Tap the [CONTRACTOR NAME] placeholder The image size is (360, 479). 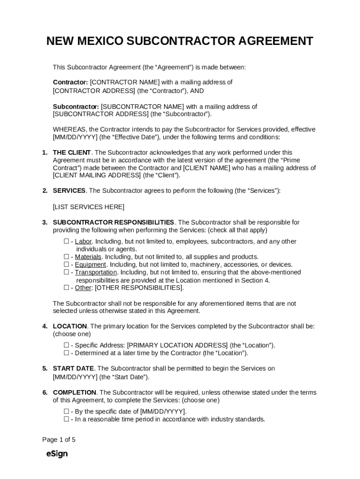point(125,82)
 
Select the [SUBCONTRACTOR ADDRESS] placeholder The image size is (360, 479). point(101,114)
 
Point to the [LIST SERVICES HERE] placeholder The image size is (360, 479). point(89,207)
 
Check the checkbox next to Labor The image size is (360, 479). point(66,241)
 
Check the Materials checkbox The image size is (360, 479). point(66,257)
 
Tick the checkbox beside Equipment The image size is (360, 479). point(66,264)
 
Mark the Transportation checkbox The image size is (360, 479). point(66,272)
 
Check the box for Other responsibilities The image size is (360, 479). point(66,288)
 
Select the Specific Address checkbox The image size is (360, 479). point(66,345)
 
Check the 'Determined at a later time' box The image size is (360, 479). point(66,353)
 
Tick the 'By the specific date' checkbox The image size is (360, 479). point(66,412)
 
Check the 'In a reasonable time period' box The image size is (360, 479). point(66,419)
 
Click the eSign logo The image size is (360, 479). point(57,454)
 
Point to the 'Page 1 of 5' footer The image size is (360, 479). point(59,440)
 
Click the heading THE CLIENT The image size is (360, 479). point(72,152)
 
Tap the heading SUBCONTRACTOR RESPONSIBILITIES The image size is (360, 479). point(114,222)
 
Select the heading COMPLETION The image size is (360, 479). point(75,392)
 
